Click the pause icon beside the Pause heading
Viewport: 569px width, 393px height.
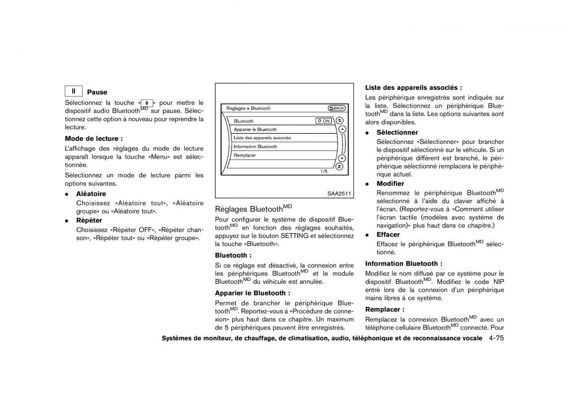[x=74, y=91]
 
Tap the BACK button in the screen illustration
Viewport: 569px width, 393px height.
[x=336, y=108]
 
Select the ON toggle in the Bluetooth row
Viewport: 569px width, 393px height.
[x=324, y=121]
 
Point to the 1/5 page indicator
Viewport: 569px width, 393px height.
[x=324, y=171]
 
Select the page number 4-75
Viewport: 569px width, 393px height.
[x=493, y=339]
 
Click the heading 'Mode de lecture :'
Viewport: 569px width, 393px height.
[x=94, y=139]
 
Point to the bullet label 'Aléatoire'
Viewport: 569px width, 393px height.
[x=91, y=194]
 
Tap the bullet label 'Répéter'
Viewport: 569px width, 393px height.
[x=89, y=220]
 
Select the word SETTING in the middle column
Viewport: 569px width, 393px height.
[x=294, y=235]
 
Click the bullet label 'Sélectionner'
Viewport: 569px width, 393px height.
[x=397, y=133]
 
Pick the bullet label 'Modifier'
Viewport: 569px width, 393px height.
[x=390, y=184]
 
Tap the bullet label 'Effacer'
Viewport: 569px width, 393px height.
[x=388, y=235]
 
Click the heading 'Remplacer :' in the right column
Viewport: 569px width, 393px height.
[x=385, y=309]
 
